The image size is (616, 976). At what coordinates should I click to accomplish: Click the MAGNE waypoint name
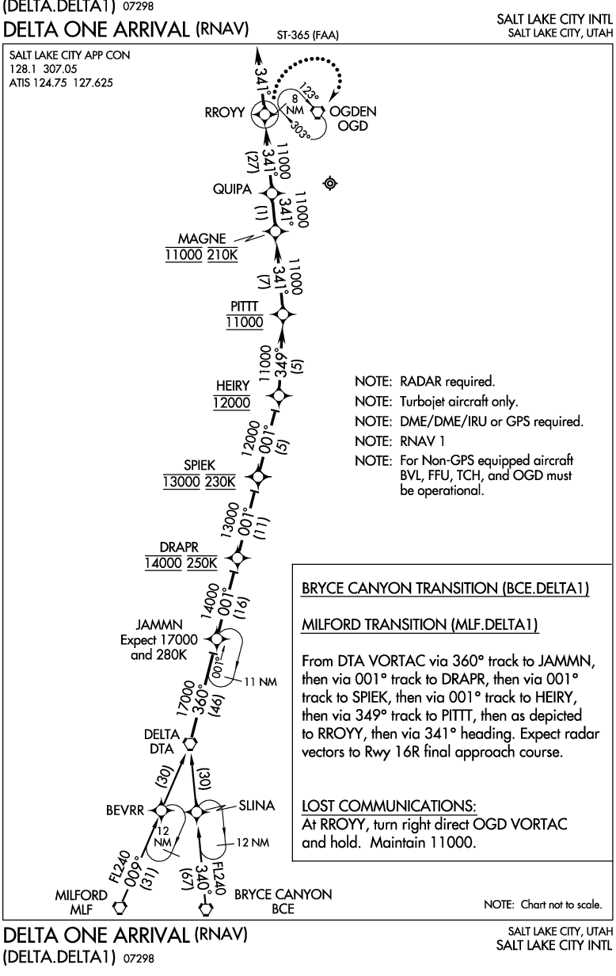point(202,238)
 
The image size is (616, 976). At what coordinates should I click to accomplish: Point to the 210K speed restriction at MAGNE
point(222,255)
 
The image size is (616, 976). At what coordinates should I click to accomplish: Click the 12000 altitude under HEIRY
point(231,402)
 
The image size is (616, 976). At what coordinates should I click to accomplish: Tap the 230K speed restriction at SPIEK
point(221,482)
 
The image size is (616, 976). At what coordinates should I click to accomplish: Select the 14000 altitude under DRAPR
point(163,563)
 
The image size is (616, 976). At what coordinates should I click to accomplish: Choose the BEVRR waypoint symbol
point(162,810)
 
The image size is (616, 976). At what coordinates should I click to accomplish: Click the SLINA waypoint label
point(257,805)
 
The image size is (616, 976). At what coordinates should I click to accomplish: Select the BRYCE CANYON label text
point(283,894)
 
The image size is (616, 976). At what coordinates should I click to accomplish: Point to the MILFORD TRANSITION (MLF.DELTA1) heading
point(420,626)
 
